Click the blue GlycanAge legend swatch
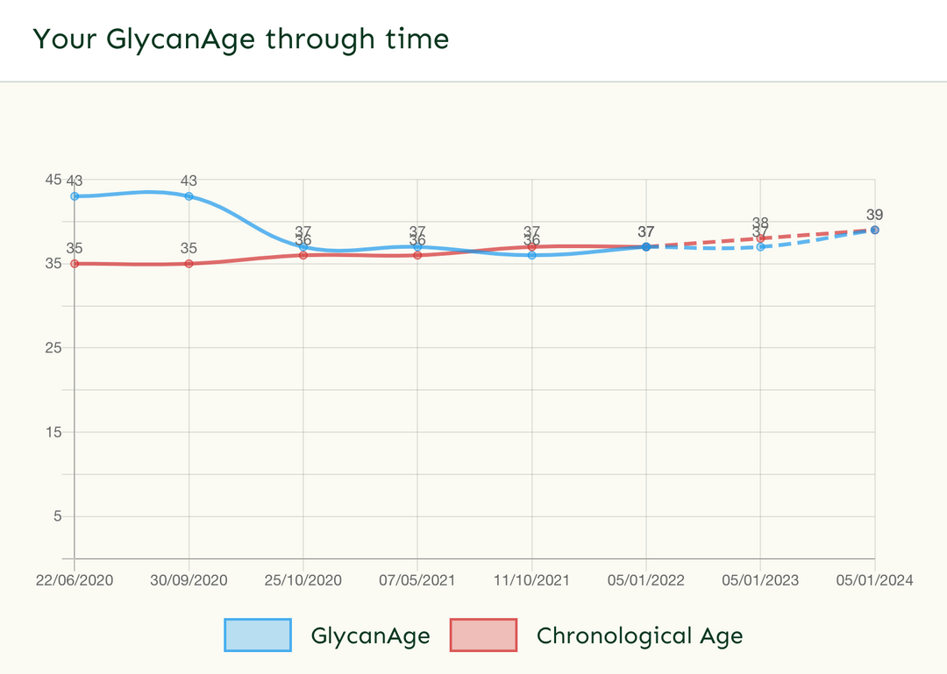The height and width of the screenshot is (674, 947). coord(258,635)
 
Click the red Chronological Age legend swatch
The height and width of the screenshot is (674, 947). coord(483,635)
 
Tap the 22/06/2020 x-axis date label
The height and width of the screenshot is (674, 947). coord(75,580)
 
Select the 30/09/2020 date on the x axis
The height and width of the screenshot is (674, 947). coord(189,580)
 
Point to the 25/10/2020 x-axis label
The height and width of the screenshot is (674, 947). coord(303,580)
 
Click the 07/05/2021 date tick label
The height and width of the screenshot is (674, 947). coord(417,580)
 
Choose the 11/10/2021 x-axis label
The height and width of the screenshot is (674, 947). coord(531,580)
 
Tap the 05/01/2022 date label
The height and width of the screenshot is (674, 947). coord(646,580)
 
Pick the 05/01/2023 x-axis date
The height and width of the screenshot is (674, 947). coord(760,580)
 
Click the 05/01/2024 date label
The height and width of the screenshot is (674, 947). coord(874,580)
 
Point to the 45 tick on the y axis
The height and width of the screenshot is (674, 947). coord(53,180)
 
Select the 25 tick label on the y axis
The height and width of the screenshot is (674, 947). coord(53,348)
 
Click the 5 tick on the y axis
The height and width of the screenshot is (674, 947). coord(57,516)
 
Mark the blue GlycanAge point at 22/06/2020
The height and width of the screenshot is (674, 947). coord(75,196)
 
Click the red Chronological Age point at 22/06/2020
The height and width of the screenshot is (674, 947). coord(75,264)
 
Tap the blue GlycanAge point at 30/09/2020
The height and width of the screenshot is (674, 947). coord(189,196)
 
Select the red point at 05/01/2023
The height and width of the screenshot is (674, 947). coord(760,238)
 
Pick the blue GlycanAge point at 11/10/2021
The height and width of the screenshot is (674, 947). coord(531,255)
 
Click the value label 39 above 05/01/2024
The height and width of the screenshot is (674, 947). coord(874,215)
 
